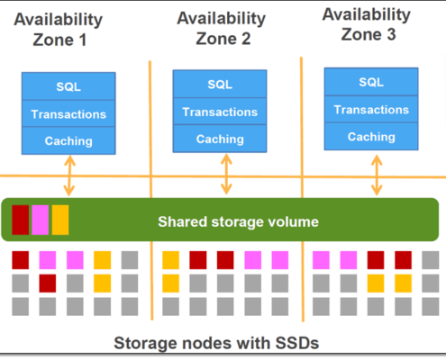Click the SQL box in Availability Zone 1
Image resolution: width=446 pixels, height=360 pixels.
coord(68,86)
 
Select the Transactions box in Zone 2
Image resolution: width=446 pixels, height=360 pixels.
coord(220,112)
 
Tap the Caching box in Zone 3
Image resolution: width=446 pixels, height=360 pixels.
coord(371,137)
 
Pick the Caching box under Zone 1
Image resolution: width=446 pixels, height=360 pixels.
coord(68,140)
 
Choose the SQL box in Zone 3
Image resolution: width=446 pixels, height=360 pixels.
coord(371,82)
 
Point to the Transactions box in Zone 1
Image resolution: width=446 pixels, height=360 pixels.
coord(68,113)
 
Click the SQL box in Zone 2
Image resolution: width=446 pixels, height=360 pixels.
coord(220,84)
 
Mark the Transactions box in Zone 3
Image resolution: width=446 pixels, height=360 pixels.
coord(371,109)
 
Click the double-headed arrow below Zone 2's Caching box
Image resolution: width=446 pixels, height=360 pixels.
coord(226,175)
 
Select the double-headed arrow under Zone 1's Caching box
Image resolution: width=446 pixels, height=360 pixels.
coord(69,175)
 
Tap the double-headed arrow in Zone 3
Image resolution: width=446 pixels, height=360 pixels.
coord(377,175)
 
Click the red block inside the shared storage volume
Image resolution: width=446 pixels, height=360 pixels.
coord(21,220)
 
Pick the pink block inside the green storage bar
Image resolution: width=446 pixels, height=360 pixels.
coord(41,220)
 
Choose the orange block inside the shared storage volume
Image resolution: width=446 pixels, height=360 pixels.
coord(60,220)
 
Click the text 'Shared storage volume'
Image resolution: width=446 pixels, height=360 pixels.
coord(238,222)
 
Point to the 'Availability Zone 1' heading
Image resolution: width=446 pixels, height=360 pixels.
coord(59,30)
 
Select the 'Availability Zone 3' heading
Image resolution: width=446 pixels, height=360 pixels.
coord(367,24)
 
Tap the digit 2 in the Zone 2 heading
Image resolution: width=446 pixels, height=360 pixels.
coord(246,39)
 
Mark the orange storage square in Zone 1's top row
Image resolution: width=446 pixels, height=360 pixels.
coord(102,260)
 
